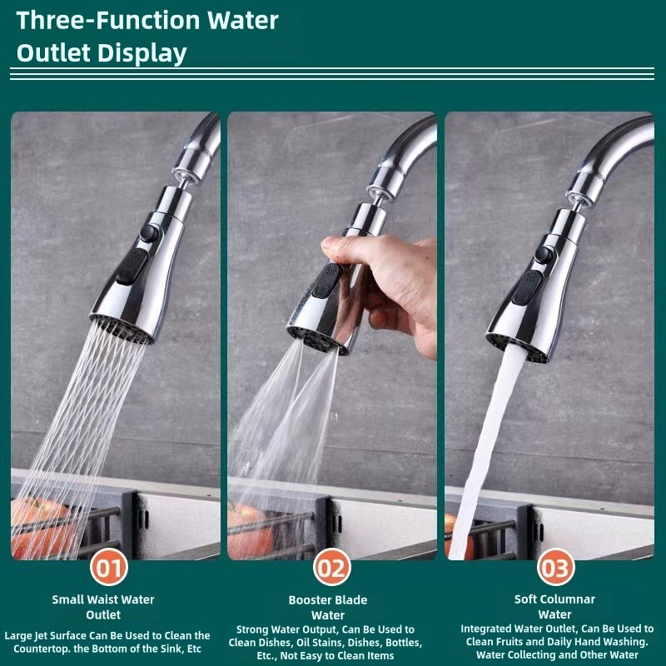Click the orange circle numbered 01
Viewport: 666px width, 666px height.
pyautogui.click(x=110, y=569)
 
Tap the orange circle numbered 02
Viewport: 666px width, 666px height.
pyautogui.click(x=332, y=569)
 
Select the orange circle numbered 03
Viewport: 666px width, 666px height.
pyautogui.click(x=555, y=569)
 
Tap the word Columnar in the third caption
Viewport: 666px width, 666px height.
pyautogui.click(x=565, y=599)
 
